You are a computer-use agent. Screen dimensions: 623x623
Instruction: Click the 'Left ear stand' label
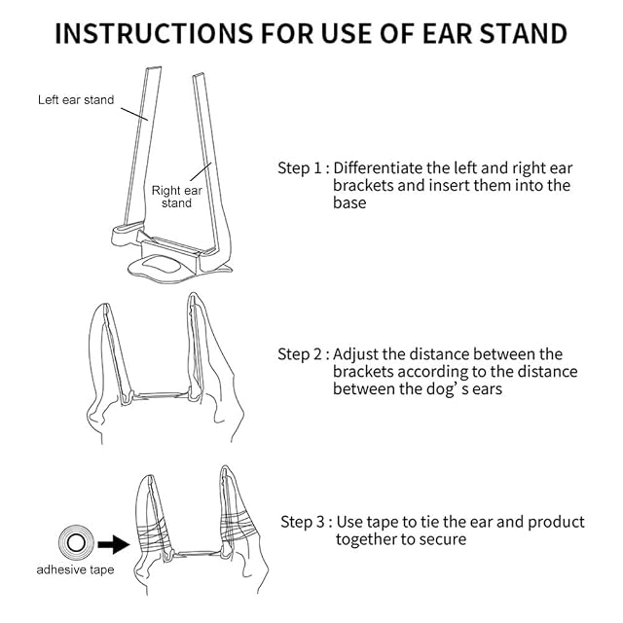coord(76,99)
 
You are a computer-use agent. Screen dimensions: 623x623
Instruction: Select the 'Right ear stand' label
coord(177,197)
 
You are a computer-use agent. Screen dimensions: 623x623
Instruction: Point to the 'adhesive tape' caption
coord(75,569)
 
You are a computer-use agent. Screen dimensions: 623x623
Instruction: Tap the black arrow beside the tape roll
coord(113,544)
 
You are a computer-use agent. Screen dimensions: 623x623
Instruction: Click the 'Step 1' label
coord(304,168)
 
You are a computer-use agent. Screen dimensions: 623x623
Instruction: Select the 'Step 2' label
coord(304,354)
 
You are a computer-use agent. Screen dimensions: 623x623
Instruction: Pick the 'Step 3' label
coord(307,522)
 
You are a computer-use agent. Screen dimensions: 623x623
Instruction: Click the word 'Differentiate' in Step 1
coord(378,168)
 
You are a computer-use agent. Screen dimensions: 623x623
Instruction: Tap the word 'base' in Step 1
coord(349,202)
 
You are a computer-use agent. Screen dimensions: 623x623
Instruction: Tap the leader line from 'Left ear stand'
coord(134,114)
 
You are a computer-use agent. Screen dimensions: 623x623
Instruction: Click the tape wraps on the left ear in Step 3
coord(154,535)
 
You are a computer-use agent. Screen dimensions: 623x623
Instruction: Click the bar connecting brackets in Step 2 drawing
coord(161,396)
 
